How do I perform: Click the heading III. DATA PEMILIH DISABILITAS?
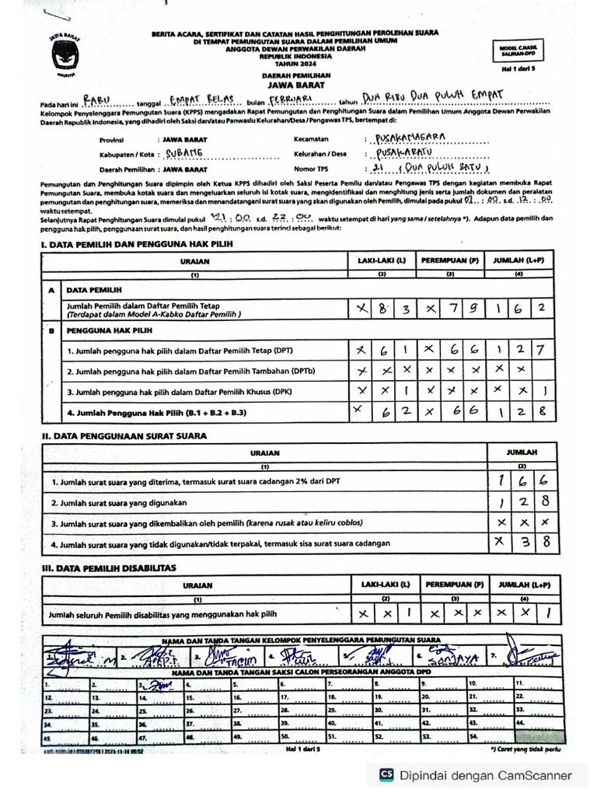109,568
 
